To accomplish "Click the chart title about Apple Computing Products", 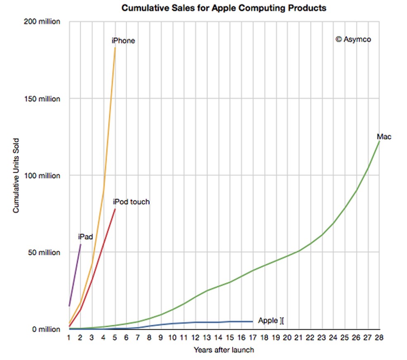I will tap(224, 8).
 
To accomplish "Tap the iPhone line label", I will tap(123, 41).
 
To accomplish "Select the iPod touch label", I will tap(131, 202).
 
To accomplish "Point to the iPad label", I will tap(85, 237).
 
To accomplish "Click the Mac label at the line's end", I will tap(383, 137).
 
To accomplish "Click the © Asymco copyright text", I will tap(353, 39).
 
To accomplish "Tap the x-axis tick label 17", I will tap(252, 338).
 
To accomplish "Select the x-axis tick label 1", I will tap(69, 338).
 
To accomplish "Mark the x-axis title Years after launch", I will tap(224, 350).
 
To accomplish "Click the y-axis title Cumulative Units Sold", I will tap(16, 176).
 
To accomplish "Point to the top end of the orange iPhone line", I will tap(115, 48).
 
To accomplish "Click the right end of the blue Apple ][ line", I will tap(252, 322).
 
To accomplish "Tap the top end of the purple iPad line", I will tap(81, 245).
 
